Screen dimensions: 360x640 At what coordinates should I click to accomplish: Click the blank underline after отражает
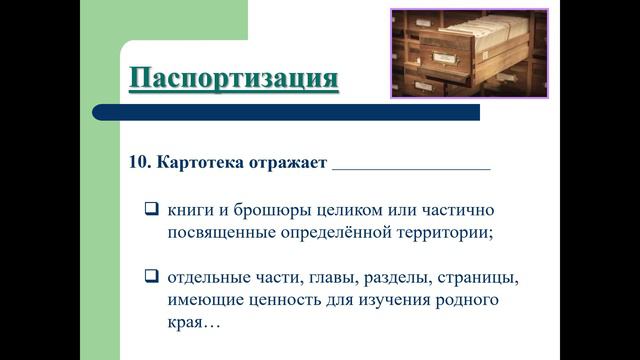click(410, 166)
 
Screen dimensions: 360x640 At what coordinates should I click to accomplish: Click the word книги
click(190, 211)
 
